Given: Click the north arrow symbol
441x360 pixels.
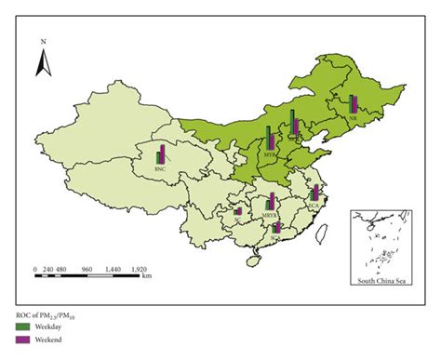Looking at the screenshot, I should [43, 63].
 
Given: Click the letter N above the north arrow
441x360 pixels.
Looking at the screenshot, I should [43, 42].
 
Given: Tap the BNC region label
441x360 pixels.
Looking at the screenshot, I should [161, 170].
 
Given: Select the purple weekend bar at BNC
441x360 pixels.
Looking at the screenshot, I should [163, 154].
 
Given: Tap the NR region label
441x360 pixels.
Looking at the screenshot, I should [354, 119].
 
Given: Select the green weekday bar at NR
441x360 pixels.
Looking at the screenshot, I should [351, 105].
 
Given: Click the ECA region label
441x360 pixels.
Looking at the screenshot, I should [314, 196].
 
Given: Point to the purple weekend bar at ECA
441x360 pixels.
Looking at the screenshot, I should [316, 191].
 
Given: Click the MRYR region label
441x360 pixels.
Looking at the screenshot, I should [270, 215].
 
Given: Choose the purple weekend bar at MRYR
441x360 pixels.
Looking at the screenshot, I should [273, 202].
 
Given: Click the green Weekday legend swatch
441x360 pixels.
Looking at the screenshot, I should [22, 327].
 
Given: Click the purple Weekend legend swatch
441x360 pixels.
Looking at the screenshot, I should [22, 342].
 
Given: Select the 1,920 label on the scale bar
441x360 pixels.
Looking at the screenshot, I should [139, 268].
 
